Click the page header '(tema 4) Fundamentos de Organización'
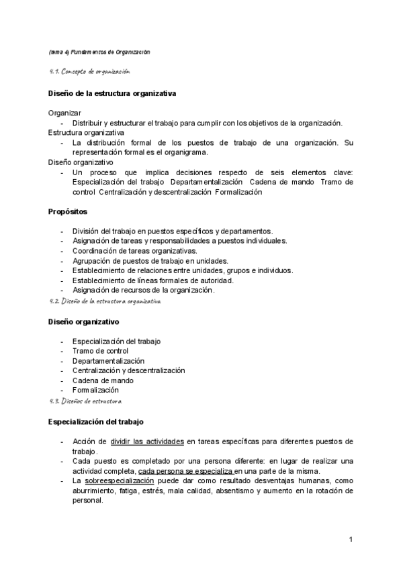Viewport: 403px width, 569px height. [x=99, y=52]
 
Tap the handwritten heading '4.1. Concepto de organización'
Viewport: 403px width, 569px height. [x=89, y=71]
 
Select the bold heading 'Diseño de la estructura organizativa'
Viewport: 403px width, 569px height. [x=113, y=93]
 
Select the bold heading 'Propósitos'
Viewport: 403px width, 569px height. [x=69, y=211]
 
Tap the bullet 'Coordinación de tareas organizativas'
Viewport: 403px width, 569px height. [x=134, y=251]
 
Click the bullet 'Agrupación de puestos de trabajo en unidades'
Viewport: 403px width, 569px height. [x=150, y=261]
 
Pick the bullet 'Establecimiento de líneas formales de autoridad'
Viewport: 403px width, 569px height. [x=152, y=280]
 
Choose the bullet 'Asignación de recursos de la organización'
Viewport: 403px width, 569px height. [x=143, y=291]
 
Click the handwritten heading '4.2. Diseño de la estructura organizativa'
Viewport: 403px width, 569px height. [x=105, y=302]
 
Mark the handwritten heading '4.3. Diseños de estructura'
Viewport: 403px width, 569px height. [x=85, y=401]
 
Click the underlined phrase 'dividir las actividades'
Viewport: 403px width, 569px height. [x=147, y=441]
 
